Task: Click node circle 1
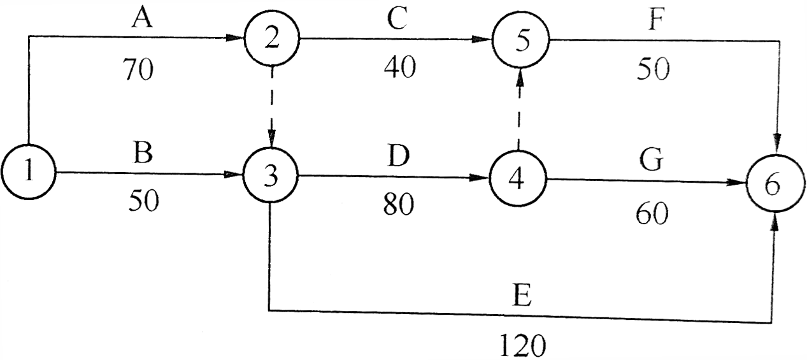28,173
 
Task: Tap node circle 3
271,175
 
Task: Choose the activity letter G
651,161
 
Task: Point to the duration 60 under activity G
652,215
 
